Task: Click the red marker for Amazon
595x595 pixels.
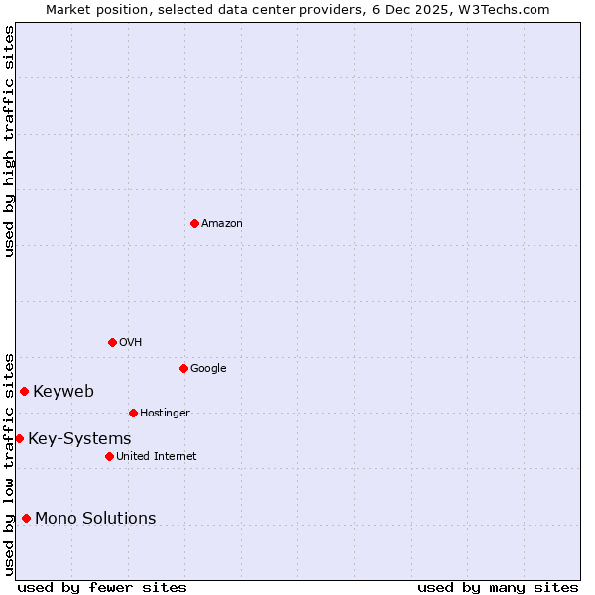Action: coord(194,223)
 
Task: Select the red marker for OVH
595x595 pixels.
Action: coord(112,342)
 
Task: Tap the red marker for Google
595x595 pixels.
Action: coord(183,368)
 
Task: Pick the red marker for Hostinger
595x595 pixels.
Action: coord(133,413)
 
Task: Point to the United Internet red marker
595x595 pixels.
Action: coord(109,456)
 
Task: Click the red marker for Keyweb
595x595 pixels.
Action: coord(24,391)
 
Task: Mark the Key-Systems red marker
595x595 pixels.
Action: coord(19,438)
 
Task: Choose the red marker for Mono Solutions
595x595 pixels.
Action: coord(26,518)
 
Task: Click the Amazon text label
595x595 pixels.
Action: coord(222,224)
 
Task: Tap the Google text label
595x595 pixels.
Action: coord(208,369)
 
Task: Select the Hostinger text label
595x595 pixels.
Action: coord(165,414)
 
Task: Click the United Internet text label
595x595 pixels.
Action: coord(156,457)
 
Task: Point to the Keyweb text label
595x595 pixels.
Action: coord(63,392)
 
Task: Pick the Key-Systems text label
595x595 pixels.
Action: coord(79,439)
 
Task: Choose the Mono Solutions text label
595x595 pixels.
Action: coord(95,519)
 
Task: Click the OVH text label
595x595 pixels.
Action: coord(130,343)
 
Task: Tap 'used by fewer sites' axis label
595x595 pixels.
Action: coord(102,588)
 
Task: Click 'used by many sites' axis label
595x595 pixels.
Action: coord(498,588)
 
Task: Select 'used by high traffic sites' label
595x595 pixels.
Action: coord(9,141)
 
